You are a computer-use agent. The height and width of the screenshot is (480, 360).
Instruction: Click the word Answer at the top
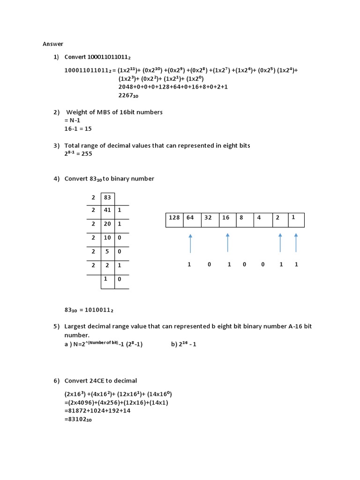click(53, 44)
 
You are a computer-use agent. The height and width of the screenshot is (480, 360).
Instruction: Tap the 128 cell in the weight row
click(174, 217)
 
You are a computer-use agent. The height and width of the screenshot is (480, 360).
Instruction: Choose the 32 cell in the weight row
click(208, 217)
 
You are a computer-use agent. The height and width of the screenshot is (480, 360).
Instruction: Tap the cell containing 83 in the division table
click(107, 197)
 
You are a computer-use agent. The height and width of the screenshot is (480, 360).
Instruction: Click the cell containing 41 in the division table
click(107, 210)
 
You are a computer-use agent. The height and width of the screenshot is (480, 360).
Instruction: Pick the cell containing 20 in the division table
click(107, 224)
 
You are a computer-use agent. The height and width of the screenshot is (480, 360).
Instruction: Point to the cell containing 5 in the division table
click(107, 251)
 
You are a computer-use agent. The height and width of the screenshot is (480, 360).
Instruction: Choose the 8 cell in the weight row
click(241, 217)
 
